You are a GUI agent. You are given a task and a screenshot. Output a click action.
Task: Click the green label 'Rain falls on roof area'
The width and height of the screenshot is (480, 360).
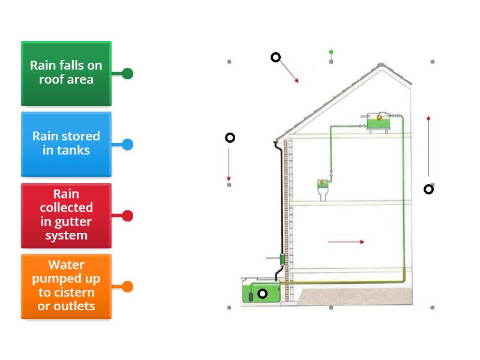coord(66,73)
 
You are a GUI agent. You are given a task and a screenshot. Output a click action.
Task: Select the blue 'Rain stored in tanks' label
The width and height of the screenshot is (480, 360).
coord(66,144)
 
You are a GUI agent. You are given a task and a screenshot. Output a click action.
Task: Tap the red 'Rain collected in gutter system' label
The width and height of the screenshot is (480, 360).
coord(66,215)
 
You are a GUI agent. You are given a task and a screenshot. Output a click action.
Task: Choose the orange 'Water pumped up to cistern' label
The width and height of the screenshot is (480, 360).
coord(66,286)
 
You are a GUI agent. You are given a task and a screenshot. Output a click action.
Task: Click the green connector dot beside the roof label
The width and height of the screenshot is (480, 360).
coord(127,74)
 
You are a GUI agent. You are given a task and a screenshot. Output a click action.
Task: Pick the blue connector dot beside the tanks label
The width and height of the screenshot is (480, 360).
coord(127,145)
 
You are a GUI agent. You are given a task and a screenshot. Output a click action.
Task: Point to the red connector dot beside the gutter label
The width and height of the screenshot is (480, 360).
coord(127,216)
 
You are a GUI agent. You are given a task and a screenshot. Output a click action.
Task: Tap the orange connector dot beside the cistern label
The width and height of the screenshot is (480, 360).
coord(127,287)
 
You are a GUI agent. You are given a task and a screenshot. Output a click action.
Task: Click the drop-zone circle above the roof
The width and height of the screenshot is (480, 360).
coord(275,58)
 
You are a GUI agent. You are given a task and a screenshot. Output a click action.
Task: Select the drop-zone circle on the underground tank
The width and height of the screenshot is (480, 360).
coord(262,294)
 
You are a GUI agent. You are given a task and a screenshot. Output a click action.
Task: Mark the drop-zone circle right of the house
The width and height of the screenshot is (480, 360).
coord(428,190)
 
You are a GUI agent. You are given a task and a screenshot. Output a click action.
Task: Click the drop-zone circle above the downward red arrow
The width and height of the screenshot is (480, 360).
coord(230,138)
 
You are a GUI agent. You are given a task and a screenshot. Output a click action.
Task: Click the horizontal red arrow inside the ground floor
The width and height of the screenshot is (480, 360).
coord(346,242)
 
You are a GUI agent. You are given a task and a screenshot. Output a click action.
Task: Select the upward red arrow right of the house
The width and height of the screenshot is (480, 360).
coord(428,146)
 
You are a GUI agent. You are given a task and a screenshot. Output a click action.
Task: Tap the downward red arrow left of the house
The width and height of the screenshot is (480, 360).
coord(229,163)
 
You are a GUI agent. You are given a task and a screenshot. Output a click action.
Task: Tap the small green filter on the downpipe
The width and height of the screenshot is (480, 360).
coord(281,259)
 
